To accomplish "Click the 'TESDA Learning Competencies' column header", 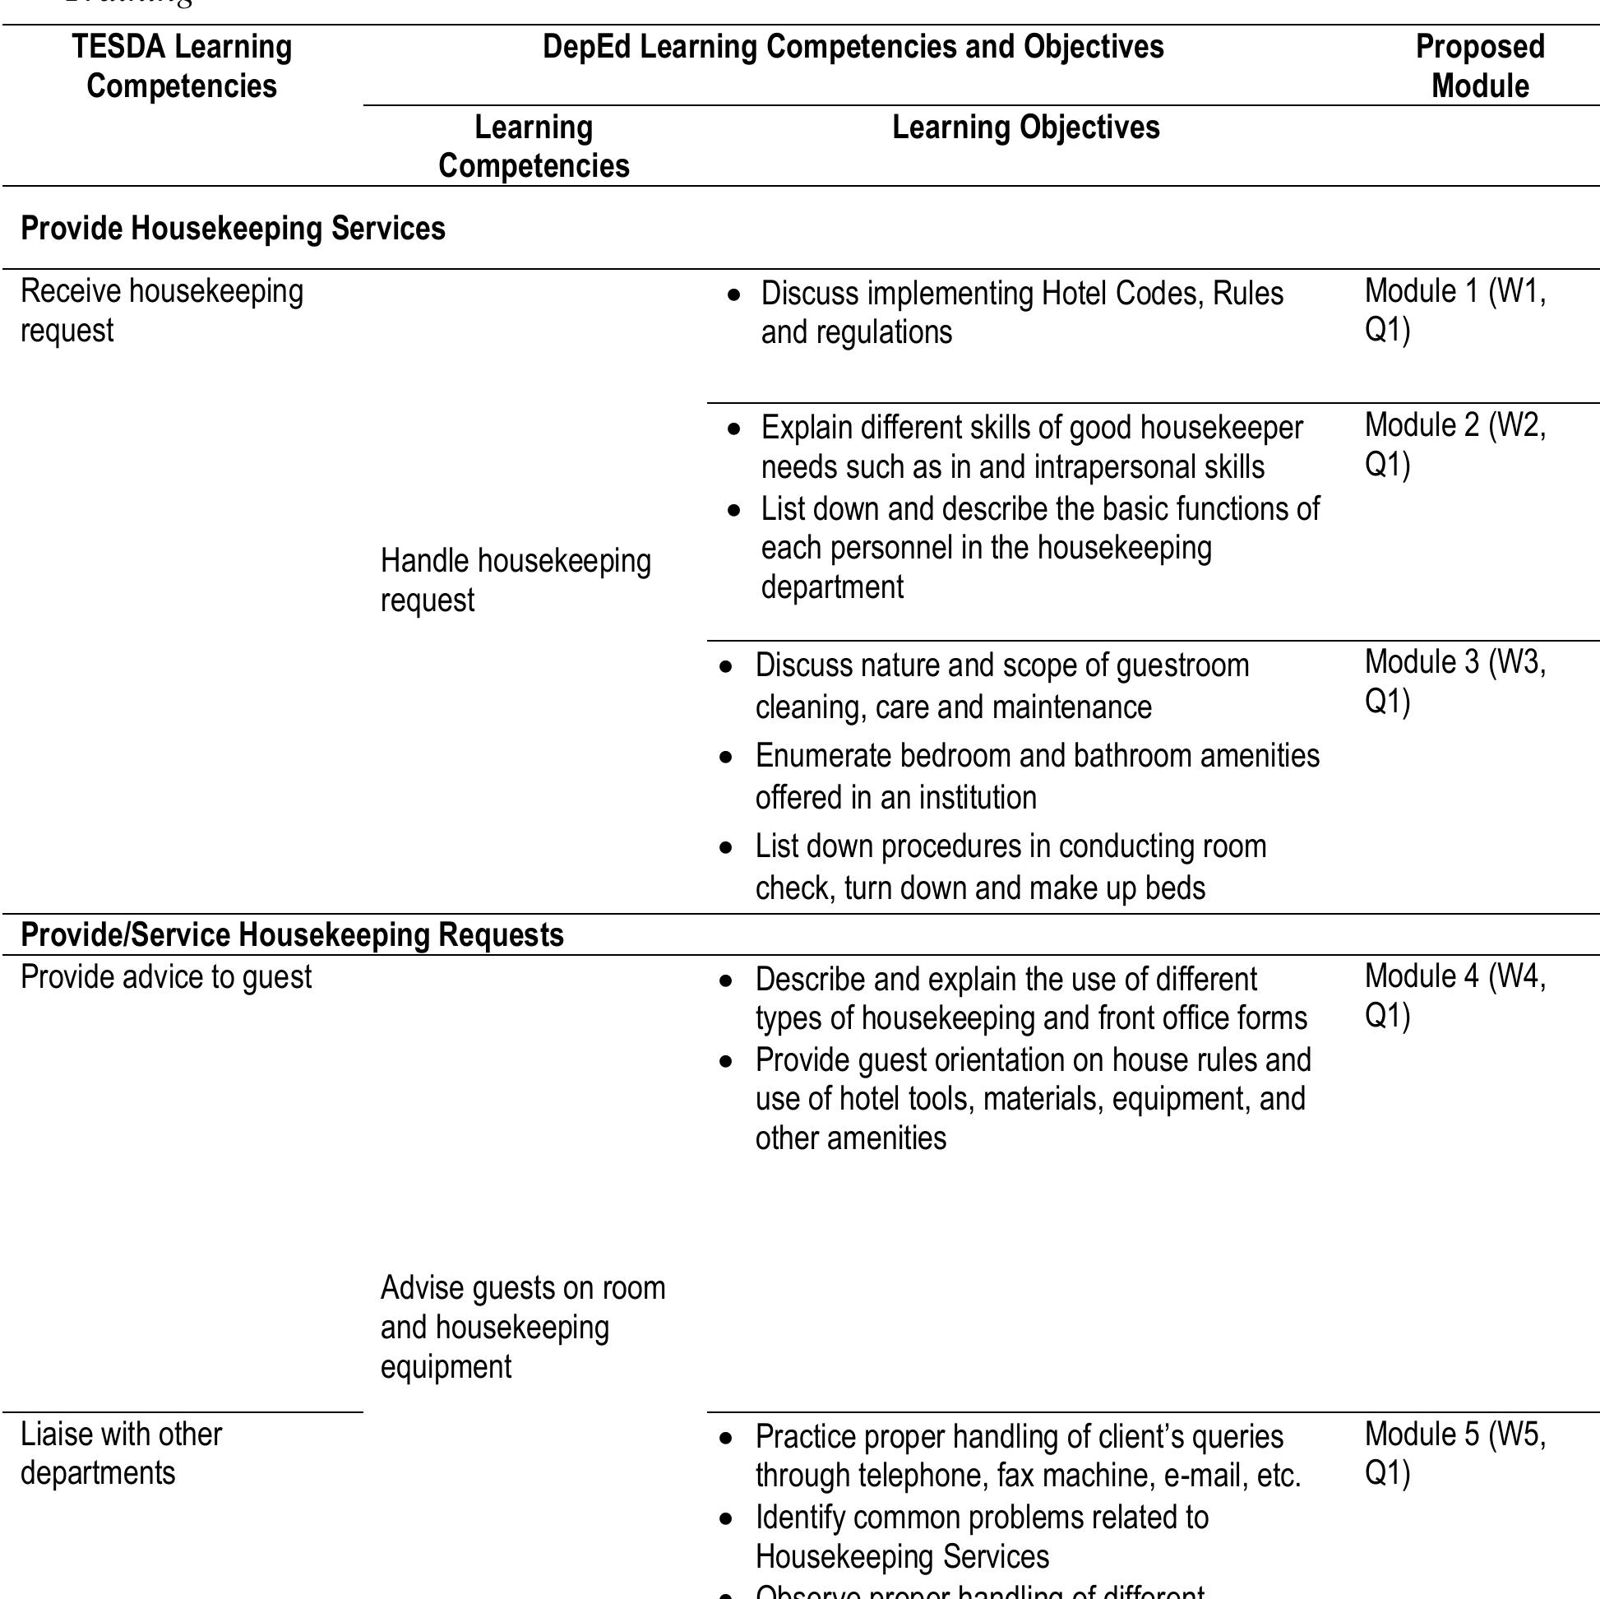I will pos(182,67).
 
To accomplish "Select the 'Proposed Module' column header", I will pos(1479,67).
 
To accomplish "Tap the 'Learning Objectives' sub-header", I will pos(1025,127).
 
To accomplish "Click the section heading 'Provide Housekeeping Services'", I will pos(233,229).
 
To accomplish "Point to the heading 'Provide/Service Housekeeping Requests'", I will pos(292,935).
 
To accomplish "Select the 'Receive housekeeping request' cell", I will pos(161,311).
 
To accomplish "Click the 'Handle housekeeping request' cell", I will pos(516,580).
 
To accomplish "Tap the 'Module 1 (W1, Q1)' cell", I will pos(1454,311).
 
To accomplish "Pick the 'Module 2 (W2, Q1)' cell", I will pos(1454,445).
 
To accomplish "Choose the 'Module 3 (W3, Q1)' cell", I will pos(1454,682).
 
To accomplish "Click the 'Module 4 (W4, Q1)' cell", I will pos(1454,996).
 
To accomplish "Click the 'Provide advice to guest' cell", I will pos(165,978).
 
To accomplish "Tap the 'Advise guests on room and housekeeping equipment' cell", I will pos(522,1328).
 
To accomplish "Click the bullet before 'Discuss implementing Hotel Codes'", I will pos(733,295).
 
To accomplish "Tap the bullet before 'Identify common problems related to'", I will pos(726,1519).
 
